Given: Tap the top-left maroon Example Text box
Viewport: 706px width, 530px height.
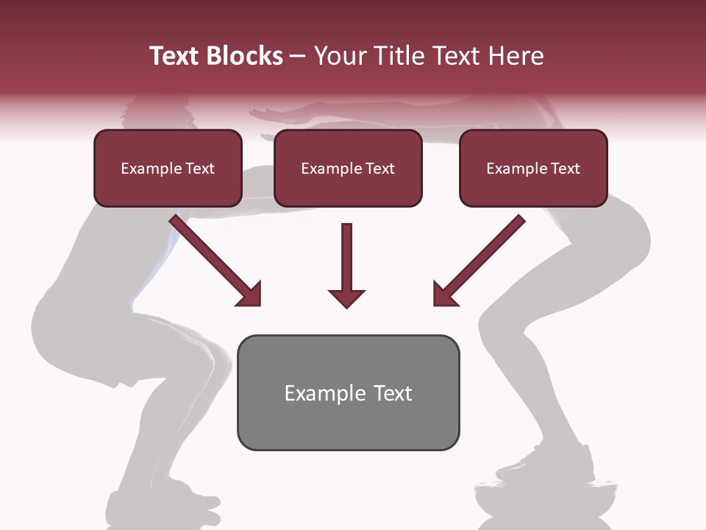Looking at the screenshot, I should point(168,168).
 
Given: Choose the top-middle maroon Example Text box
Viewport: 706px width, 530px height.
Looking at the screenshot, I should point(348,168).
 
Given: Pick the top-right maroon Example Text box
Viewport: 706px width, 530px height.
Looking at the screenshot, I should point(533,168).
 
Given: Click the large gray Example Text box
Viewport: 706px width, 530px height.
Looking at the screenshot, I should point(348,392).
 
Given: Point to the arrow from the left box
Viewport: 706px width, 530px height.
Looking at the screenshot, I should point(217,261).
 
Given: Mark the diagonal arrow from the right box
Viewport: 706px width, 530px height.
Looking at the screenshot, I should point(478,261).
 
